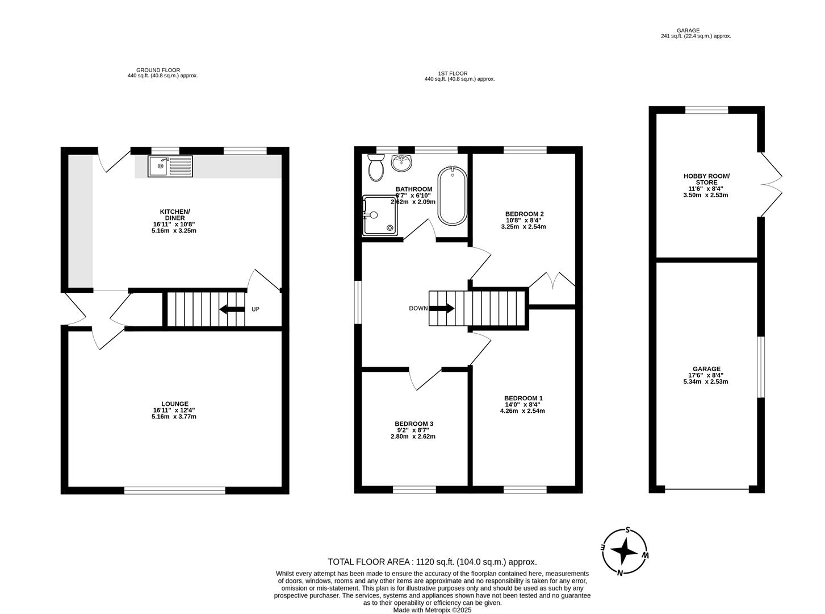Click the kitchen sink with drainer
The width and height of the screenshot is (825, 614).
[170, 165]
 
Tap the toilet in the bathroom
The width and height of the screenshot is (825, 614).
[375, 168]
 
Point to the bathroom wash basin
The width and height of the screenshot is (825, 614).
[403, 163]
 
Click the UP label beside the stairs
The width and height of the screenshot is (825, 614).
[256, 309]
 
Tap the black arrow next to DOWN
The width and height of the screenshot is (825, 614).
[442, 309]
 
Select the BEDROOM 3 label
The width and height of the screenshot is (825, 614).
[414, 424]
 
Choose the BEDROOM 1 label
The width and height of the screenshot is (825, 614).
[524, 398]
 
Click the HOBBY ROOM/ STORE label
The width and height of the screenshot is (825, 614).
[706, 179]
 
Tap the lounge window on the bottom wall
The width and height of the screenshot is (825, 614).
[175, 490]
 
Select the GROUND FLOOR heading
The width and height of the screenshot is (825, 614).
[162, 70]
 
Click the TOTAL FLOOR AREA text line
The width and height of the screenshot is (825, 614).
[432, 562]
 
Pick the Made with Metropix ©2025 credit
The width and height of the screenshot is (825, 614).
[432, 610]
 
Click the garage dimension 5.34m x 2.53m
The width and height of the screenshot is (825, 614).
[706, 381]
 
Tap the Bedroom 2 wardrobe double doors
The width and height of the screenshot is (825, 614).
[552, 281]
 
